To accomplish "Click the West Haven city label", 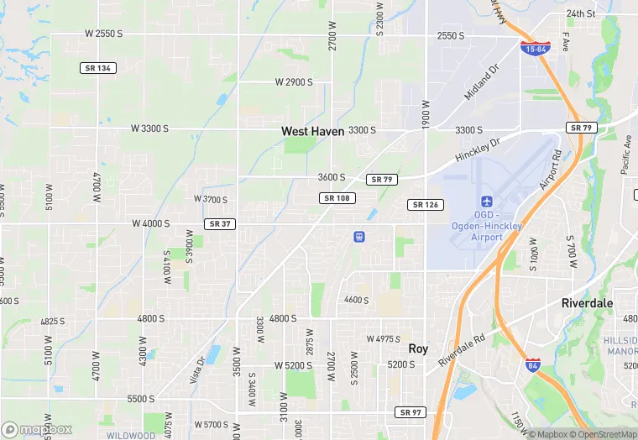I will click(x=312, y=131).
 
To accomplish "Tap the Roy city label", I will click(x=418, y=348).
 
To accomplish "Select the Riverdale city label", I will click(x=587, y=303).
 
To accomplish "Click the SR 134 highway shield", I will click(x=98, y=67).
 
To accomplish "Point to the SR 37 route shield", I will click(x=218, y=223).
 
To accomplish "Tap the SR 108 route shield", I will click(x=337, y=198).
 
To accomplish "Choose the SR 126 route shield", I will click(x=426, y=205).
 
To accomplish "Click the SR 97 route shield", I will click(x=411, y=412).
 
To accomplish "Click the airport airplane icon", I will click(x=486, y=202).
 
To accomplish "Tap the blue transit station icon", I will click(x=359, y=237).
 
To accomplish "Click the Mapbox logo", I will click(x=36, y=429).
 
